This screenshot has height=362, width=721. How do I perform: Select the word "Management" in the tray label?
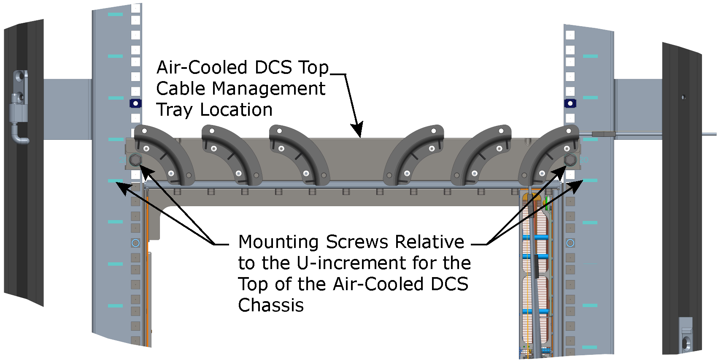268,89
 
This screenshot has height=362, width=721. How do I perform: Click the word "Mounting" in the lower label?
278,242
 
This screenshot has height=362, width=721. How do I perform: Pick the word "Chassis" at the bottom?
271,305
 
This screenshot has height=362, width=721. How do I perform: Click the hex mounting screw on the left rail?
135,160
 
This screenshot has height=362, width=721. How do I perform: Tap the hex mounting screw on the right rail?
570,160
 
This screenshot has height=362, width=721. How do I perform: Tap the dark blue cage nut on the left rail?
135,103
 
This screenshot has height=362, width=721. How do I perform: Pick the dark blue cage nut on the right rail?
570,103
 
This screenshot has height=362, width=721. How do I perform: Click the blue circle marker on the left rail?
135,243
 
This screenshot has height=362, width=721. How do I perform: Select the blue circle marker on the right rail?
570,243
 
